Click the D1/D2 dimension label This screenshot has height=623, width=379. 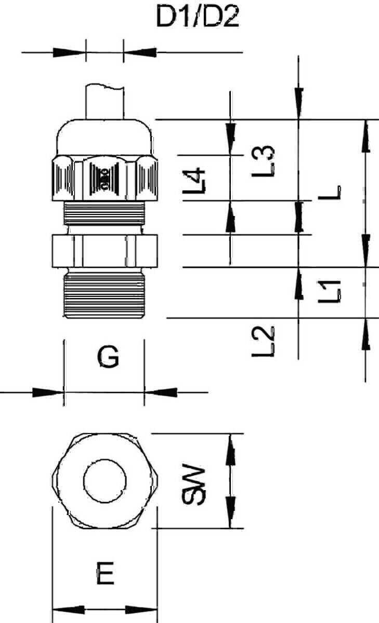198,17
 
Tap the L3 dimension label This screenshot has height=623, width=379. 263,161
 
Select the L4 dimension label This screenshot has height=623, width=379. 194,180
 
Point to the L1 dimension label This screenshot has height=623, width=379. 330,291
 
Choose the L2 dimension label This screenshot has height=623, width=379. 263,341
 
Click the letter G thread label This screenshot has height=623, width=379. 108,357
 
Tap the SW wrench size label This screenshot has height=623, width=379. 194,484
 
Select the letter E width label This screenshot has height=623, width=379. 105,573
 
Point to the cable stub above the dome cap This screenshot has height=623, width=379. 104,102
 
